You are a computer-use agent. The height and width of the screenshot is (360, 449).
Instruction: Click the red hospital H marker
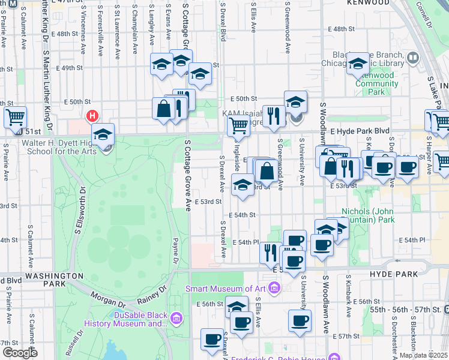coord(92,115)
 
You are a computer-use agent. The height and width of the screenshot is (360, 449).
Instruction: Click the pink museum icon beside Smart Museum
coord(275,289)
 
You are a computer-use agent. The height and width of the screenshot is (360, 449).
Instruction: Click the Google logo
coord(20,353)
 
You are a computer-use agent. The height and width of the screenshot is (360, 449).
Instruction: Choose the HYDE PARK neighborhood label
coord(393,274)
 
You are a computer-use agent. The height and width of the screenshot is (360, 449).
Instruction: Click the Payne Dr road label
coord(175,250)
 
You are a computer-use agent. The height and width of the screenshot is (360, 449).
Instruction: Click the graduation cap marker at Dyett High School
coord(103,134)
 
